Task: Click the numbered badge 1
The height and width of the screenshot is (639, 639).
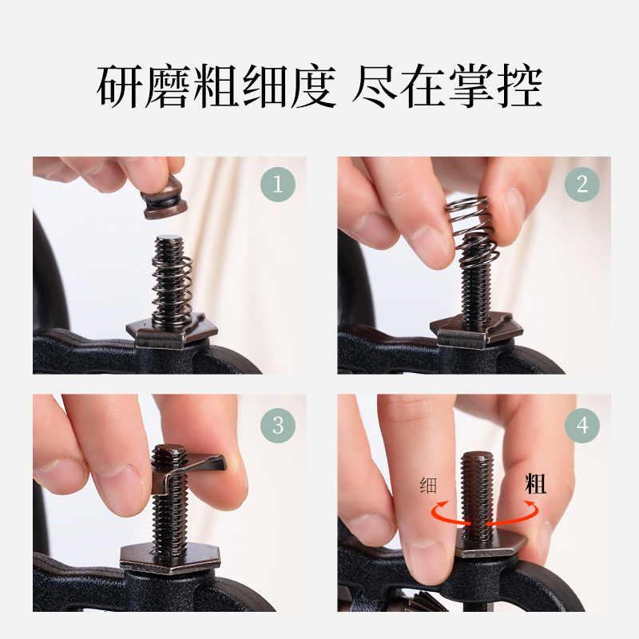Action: pos(278,185)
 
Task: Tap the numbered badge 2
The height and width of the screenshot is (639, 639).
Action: pos(582,185)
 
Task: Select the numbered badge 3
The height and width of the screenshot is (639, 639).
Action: pos(278,424)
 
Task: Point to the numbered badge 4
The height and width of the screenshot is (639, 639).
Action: pos(582,424)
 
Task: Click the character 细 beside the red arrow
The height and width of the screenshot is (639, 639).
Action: pos(428,485)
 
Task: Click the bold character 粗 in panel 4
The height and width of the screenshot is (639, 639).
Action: pos(535,483)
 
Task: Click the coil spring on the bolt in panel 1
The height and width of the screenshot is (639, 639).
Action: pos(173,284)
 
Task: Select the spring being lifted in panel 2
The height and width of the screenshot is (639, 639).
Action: pos(473,232)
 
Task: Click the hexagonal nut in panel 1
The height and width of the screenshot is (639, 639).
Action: pos(172,329)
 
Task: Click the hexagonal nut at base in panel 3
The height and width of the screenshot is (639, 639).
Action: pos(169,556)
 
